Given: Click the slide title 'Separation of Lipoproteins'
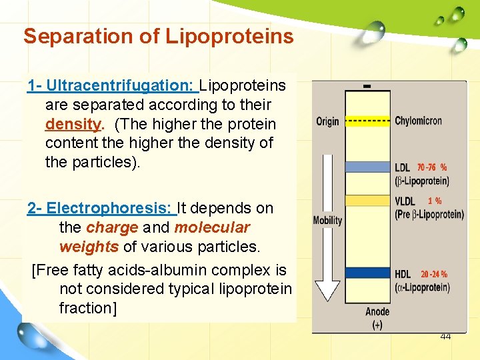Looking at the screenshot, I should click(x=158, y=36).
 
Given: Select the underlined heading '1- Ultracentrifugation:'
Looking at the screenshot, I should click(x=112, y=85).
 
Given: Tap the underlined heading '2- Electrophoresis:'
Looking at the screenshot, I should click(x=101, y=208).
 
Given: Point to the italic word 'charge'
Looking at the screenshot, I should click(x=112, y=227).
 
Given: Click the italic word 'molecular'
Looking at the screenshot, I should click(x=212, y=227).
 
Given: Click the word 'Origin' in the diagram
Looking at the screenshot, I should click(x=327, y=121).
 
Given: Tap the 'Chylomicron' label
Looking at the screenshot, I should click(x=418, y=121).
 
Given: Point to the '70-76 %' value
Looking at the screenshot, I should click(x=432, y=167).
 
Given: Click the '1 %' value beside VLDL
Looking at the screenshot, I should click(x=434, y=201).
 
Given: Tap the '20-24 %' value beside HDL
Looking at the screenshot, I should click(x=434, y=274).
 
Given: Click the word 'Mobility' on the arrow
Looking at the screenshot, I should click(x=327, y=221).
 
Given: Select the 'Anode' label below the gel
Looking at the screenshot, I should click(x=378, y=312).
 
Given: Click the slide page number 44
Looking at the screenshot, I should click(x=445, y=337).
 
